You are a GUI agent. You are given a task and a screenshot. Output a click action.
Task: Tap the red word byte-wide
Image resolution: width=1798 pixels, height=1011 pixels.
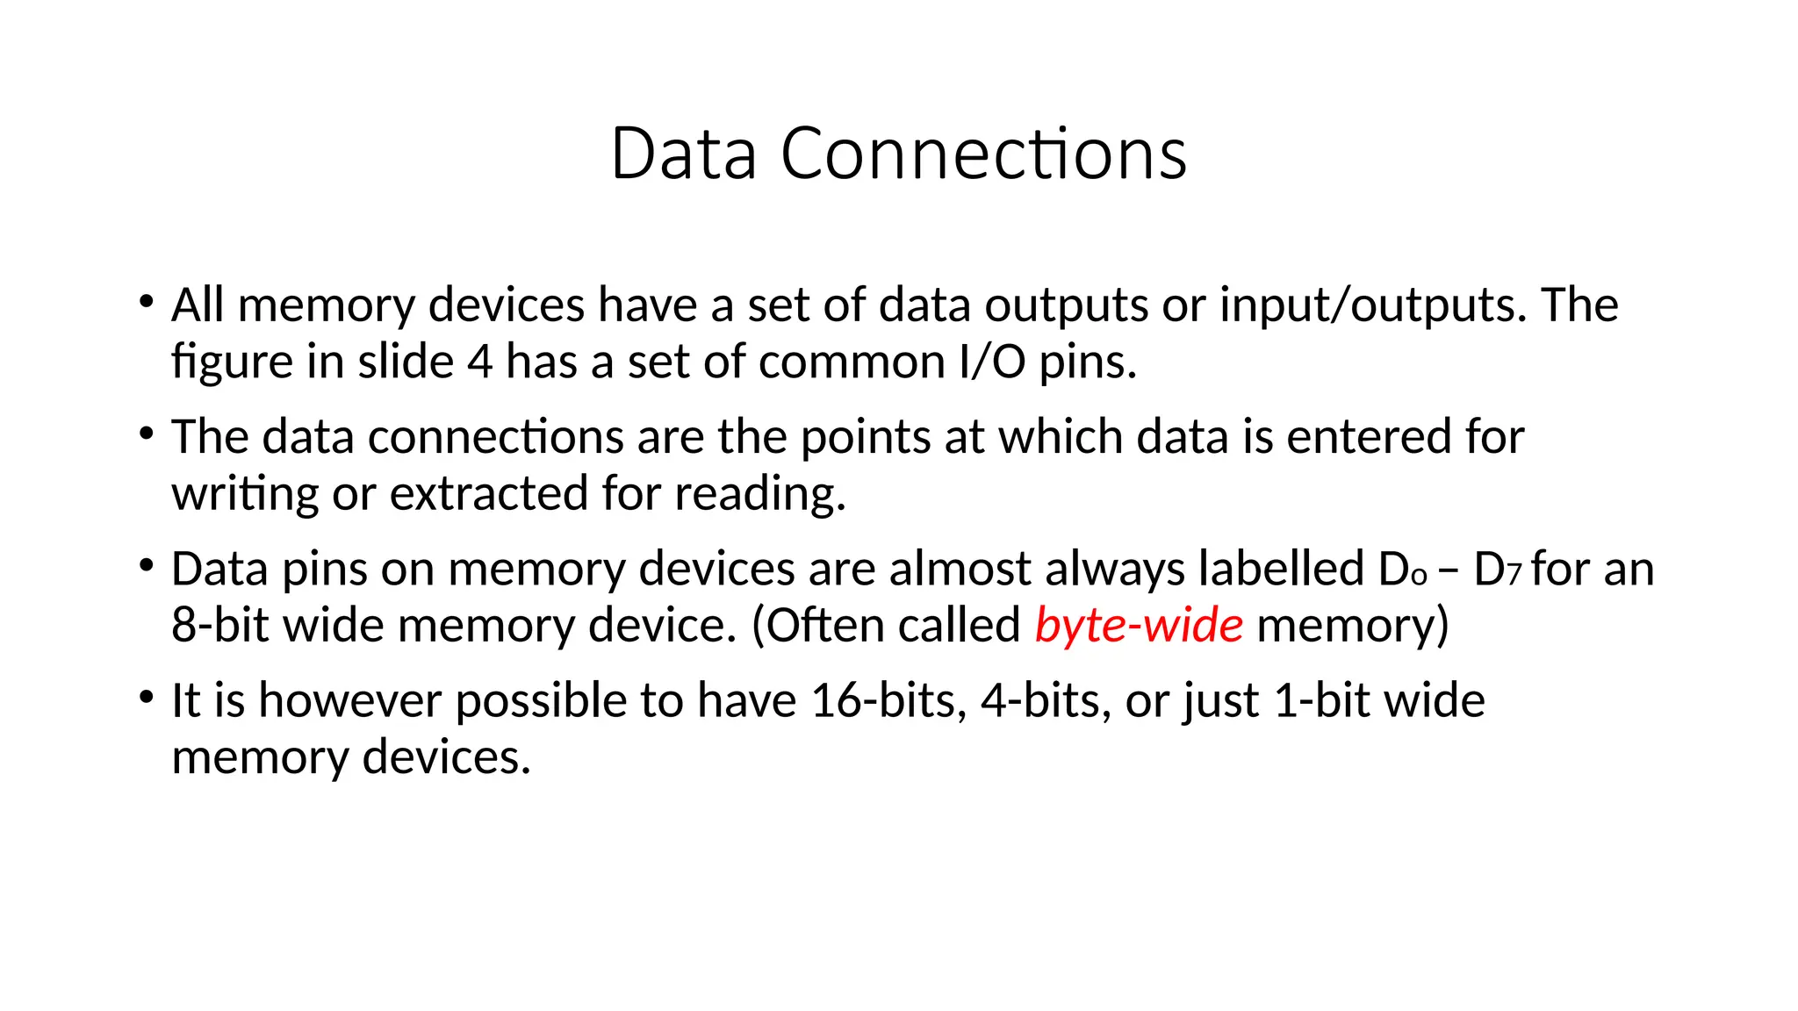(x=1139, y=626)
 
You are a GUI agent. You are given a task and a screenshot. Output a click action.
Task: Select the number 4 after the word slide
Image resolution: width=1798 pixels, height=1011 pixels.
(x=479, y=362)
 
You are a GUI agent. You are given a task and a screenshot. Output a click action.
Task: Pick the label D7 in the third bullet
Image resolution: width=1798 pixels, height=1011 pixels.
(x=1497, y=570)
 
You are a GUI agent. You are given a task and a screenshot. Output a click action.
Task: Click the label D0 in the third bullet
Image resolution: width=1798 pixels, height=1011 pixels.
(x=1403, y=570)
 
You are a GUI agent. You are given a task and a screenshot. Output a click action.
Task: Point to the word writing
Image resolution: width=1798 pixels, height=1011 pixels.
(x=244, y=495)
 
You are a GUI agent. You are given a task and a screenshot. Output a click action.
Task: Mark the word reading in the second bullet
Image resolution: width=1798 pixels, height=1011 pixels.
(x=759, y=495)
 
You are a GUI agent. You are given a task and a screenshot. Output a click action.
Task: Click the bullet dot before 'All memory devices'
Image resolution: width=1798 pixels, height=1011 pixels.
(x=146, y=302)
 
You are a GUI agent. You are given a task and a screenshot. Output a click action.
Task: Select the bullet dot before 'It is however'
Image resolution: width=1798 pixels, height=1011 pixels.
(x=146, y=698)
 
